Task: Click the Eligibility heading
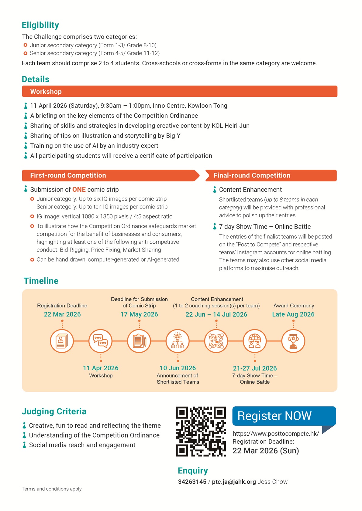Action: click(40, 25)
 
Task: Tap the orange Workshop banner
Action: click(179, 91)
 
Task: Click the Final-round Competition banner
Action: click(271, 175)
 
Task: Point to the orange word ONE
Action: click(79, 190)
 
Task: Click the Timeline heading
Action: click(41, 281)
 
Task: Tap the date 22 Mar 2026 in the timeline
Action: click(62, 314)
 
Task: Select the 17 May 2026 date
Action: click(139, 314)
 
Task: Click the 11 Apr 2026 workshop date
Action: click(101, 368)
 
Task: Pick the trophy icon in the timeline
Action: click(293, 341)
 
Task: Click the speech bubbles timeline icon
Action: click(101, 341)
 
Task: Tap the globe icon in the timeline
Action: click(255, 341)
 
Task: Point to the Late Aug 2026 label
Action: click(293, 314)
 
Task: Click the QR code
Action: click(201, 431)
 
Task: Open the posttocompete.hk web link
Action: click(276, 434)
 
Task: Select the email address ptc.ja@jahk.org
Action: click(234, 482)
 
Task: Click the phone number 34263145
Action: click(192, 482)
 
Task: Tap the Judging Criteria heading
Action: click(54, 411)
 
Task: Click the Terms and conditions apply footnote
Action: click(52, 489)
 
